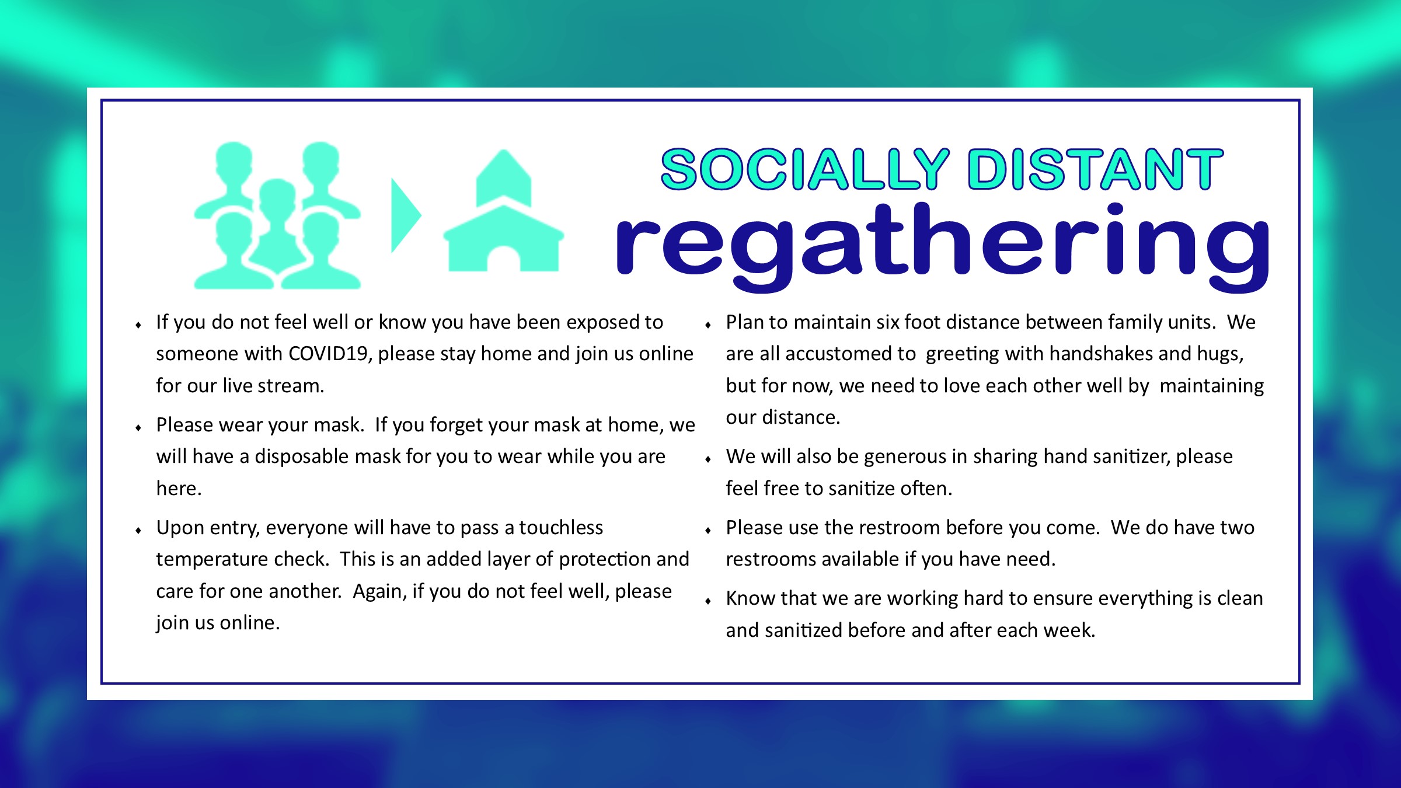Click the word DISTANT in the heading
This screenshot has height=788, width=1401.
1096,169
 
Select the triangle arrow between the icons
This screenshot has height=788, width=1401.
406,215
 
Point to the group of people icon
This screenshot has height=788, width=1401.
277,215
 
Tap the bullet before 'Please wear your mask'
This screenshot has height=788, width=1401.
138,428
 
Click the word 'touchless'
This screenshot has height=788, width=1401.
561,528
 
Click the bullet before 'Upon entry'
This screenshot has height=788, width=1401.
138,531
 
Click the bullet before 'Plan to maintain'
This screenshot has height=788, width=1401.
708,325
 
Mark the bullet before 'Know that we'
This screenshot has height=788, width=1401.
708,601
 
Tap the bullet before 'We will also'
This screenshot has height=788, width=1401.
708,459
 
